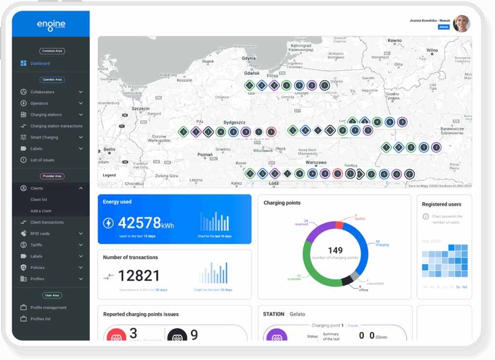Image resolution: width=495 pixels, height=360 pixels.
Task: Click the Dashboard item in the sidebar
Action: (40, 63)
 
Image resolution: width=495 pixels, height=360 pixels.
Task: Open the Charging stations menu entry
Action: (46, 115)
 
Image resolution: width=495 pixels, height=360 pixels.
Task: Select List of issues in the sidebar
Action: (42, 160)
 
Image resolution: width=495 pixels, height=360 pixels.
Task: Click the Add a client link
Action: (41, 211)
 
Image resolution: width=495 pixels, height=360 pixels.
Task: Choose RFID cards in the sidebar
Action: (40, 234)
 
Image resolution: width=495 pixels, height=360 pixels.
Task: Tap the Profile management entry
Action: (48, 308)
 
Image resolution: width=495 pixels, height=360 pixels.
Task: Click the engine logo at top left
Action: (51, 24)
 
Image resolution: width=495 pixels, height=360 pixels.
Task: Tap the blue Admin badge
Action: (444, 27)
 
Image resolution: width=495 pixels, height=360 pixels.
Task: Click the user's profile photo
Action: (461, 23)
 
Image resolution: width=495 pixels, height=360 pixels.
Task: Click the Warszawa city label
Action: (316, 163)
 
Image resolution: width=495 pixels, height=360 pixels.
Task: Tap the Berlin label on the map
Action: (109, 150)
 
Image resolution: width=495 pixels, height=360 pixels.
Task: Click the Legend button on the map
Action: (109, 175)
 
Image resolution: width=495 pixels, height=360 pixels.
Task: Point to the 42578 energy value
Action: (139, 223)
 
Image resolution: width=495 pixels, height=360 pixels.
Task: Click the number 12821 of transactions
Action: (139, 275)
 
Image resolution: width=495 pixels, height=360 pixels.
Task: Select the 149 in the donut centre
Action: (335, 250)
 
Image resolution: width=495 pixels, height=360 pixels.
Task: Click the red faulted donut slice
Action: (339, 225)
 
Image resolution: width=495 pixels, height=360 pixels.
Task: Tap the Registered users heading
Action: (441, 204)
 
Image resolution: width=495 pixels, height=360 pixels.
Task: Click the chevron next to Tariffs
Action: (81, 245)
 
